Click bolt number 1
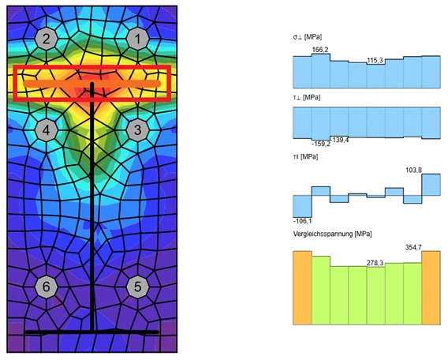(x=138, y=39)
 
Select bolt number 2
(x=47, y=39)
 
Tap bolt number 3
(x=138, y=130)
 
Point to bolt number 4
(x=47, y=130)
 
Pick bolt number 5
(x=138, y=287)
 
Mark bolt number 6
(x=47, y=287)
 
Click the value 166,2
(x=320, y=50)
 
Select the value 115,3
(x=375, y=61)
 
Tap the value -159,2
(x=321, y=144)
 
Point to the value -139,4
(x=341, y=140)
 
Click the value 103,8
(x=413, y=171)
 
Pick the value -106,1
(x=303, y=221)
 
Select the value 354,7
(x=413, y=247)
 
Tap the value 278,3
(x=375, y=263)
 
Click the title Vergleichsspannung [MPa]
(x=332, y=234)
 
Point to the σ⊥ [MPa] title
(x=307, y=37)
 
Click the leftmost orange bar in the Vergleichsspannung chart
(x=302, y=288)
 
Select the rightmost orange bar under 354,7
(x=431, y=288)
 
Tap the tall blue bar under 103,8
(x=431, y=185)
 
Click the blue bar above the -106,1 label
(x=302, y=207)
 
